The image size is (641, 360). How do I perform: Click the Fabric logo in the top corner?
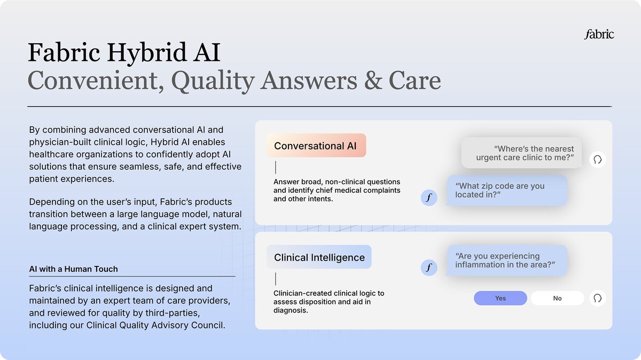click(x=599, y=34)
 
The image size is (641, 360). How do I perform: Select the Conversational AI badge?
click(x=316, y=145)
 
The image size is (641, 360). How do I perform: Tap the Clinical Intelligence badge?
click(x=319, y=257)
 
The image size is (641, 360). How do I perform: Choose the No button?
click(x=557, y=298)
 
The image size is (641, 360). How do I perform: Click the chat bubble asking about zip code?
click(x=507, y=190)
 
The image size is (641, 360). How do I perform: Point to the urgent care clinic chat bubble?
click(x=522, y=153)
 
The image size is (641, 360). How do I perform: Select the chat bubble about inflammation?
click(x=507, y=261)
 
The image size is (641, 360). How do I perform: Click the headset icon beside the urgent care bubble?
click(x=598, y=159)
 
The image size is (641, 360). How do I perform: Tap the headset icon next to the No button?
click(x=598, y=298)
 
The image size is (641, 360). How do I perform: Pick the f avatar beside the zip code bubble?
click(x=429, y=198)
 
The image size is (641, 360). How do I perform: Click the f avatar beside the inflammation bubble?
click(x=429, y=268)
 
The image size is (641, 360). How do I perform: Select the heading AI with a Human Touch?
click(x=74, y=269)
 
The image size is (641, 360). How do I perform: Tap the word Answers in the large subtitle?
click(x=309, y=81)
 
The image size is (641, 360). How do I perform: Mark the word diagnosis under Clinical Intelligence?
click(x=291, y=310)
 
